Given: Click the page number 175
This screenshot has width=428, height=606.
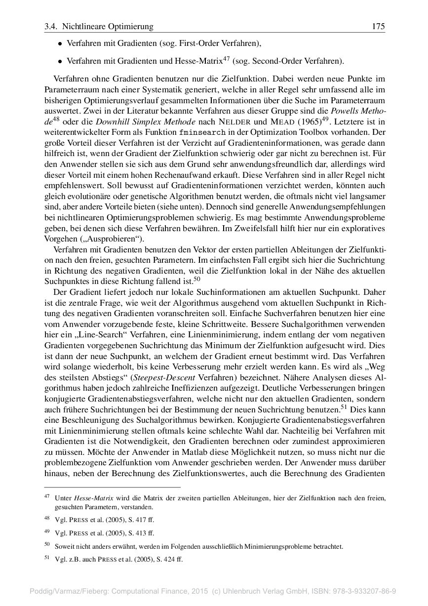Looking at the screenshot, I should (x=378, y=26).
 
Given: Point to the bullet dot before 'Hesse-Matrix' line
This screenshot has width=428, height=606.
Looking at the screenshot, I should (x=60, y=62).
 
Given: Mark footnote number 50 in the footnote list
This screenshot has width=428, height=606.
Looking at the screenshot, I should (x=47, y=545).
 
